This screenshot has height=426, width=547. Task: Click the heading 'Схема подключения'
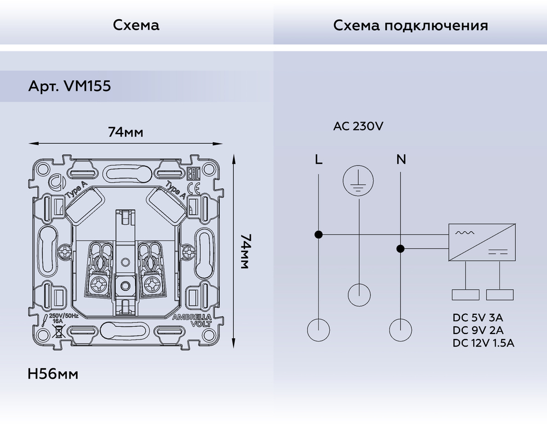(x=410, y=26)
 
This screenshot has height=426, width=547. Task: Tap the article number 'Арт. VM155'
(x=68, y=87)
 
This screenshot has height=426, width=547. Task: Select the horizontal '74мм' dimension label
(x=125, y=132)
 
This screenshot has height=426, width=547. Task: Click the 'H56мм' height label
(x=53, y=375)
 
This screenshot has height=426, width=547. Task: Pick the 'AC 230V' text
(x=358, y=126)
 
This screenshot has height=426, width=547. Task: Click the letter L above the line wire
(x=318, y=160)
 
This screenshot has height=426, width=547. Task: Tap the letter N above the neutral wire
(x=401, y=160)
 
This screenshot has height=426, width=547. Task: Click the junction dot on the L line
(x=318, y=235)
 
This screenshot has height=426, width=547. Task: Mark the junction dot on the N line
(x=400, y=249)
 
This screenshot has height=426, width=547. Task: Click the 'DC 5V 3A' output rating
(x=478, y=318)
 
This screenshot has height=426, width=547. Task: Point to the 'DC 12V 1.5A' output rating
(x=484, y=343)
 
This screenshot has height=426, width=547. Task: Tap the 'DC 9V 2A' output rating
(x=478, y=330)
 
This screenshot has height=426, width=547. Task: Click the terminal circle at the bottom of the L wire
(x=318, y=330)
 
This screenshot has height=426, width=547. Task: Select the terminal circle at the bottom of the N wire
(x=400, y=330)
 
